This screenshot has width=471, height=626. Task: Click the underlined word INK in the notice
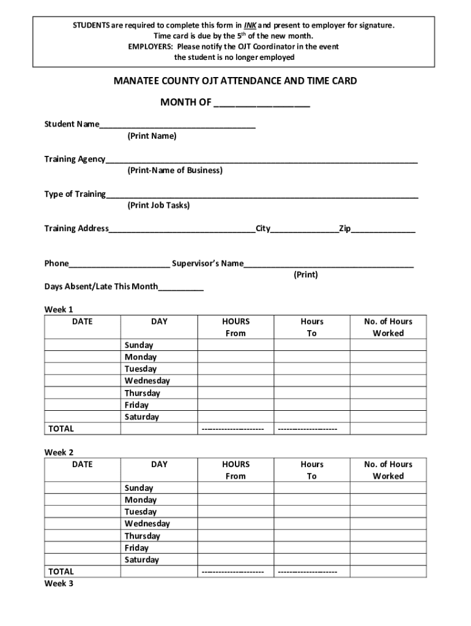click(x=250, y=26)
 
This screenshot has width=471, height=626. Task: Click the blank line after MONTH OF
click(x=262, y=103)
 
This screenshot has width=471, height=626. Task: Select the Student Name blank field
click(x=177, y=124)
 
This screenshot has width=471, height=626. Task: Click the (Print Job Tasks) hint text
click(x=158, y=205)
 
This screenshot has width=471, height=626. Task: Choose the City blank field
click(x=304, y=229)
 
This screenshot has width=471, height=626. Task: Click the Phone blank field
click(x=119, y=263)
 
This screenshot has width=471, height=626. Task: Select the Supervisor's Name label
click(x=207, y=263)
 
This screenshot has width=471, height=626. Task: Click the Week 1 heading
click(x=59, y=309)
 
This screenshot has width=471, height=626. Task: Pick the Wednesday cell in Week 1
click(x=147, y=381)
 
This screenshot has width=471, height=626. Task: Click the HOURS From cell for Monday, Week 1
click(x=235, y=357)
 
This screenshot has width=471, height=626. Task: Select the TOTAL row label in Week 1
click(x=61, y=429)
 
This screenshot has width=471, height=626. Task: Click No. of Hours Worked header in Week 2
click(x=388, y=470)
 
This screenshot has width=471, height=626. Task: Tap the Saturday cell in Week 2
click(x=142, y=560)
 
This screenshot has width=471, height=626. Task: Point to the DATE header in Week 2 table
click(x=83, y=465)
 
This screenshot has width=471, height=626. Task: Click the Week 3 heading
click(x=59, y=584)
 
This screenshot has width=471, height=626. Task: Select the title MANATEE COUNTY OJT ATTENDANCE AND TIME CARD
click(x=235, y=81)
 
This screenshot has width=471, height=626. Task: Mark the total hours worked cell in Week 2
click(x=388, y=572)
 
